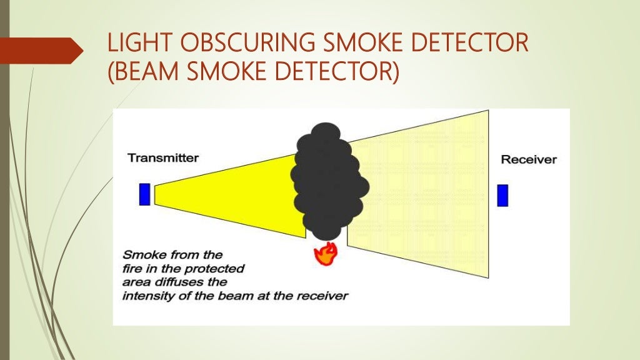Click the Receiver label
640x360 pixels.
click(x=529, y=160)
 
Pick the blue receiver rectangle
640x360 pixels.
click(x=502, y=195)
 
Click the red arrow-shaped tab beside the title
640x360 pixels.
click(x=41, y=51)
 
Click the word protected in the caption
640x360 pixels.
click(x=219, y=269)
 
